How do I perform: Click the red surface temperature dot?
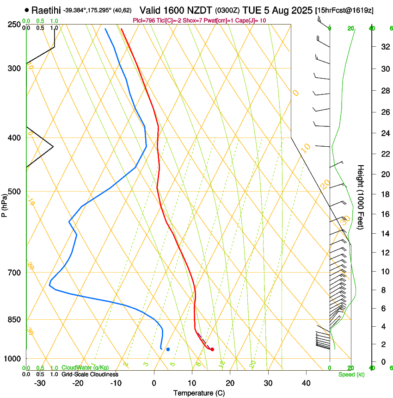pyautogui.click(x=212, y=349)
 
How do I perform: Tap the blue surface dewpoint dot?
pyautogui.click(x=168, y=349)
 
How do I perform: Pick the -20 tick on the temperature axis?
pyautogui.click(x=78, y=383)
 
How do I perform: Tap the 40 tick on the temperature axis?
pyautogui.click(x=306, y=383)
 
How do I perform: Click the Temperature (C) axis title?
pyautogui.click(x=199, y=393)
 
